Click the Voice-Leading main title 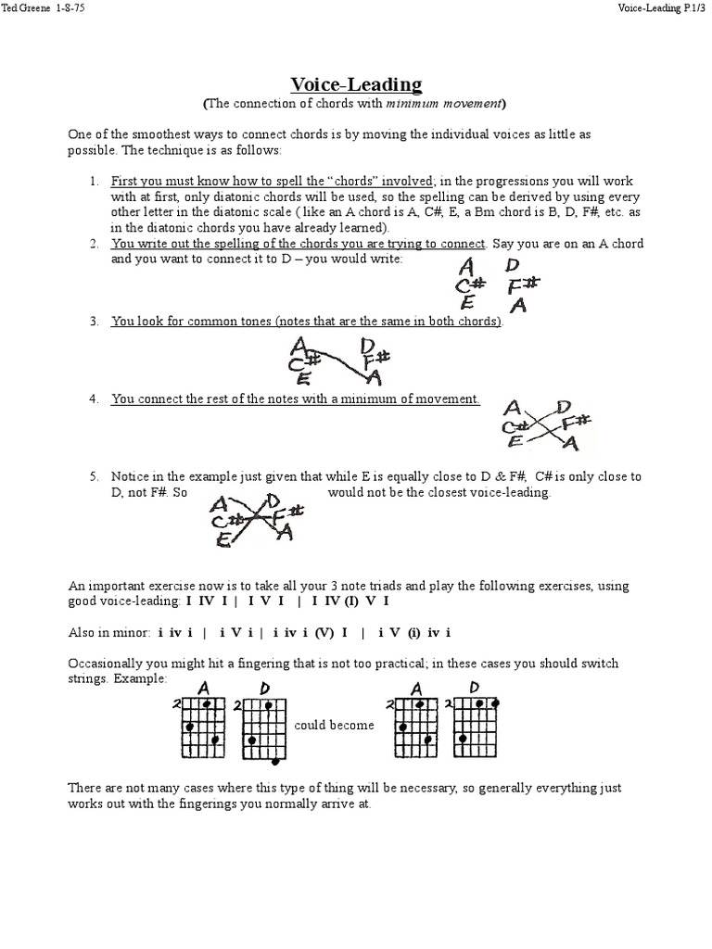pos(356,84)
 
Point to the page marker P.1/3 pos(690,8)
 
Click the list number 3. pos(94,322)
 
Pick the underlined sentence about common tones pos(307,322)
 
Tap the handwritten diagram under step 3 pos(339,361)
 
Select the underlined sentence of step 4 pos(296,399)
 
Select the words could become pos(334,725)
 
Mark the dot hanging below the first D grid pos(276,762)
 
